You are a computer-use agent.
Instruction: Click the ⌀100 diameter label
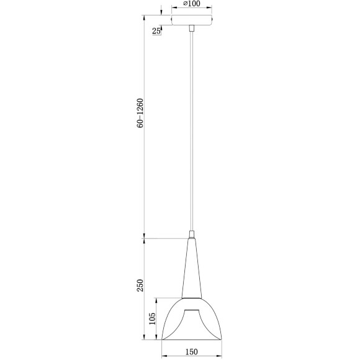click(x=192, y=4)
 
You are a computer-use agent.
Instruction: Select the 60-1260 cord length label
click(x=141, y=113)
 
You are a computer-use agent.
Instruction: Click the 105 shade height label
click(x=152, y=319)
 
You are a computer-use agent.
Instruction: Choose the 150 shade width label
click(x=191, y=351)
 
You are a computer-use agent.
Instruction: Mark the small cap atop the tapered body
click(x=192, y=235)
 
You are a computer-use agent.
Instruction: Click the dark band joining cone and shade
click(x=192, y=299)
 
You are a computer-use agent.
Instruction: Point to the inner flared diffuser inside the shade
click(x=192, y=320)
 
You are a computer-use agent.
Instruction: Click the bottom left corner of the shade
click(x=162, y=340)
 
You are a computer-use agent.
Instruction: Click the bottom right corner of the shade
click(x=222, y=340)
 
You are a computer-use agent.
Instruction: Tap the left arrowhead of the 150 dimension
click(x=164, y=356)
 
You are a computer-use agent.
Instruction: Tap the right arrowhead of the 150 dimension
click(x=220, y=356)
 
